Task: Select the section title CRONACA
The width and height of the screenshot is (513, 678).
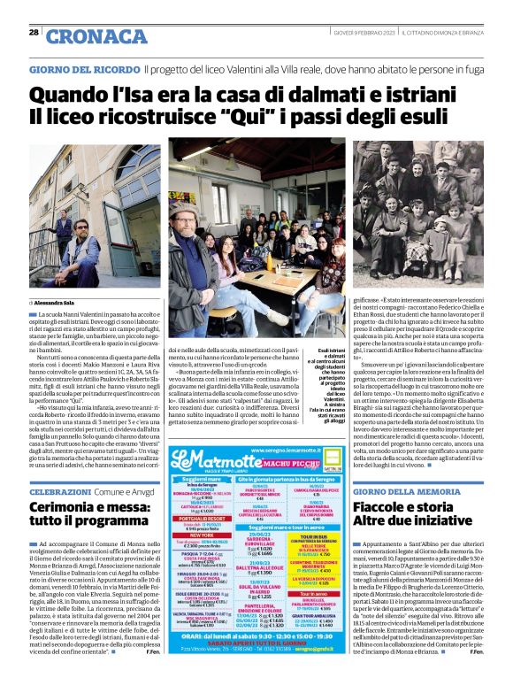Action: pyautogui.click(x=84, y=36)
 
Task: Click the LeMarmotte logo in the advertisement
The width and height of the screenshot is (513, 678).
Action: pyautogui.click(x=207, y=461)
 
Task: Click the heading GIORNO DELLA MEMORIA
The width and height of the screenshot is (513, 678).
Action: pyautogui.click(x=406, y=490)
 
